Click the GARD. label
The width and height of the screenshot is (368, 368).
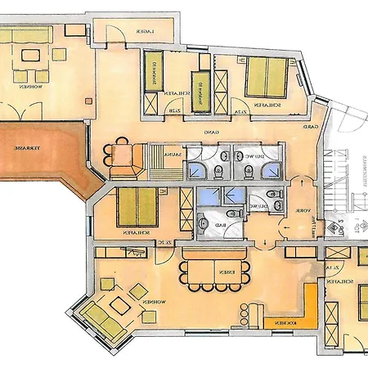[311, 129]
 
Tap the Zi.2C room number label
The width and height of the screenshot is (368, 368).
[164, 243]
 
